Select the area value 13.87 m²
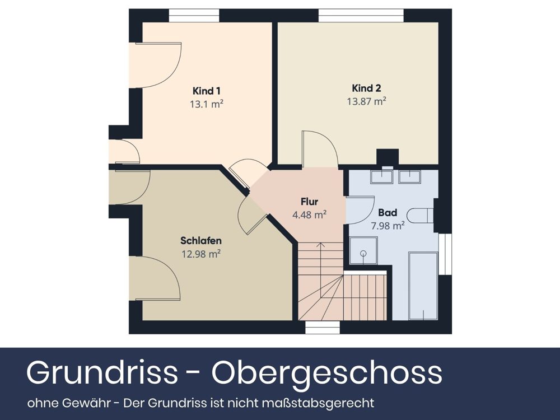(x=367, y=101)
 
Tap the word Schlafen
(x=201, y=241)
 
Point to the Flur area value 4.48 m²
(x=309, y=214)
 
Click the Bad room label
(x=388, y=213)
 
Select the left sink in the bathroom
(x=384, y=176)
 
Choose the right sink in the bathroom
(x=410, y=176)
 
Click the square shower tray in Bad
(x=363, y=251)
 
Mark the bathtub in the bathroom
(x=423, y=286)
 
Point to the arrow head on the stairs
(x=320, y=245)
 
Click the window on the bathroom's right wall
(x=445, y=255)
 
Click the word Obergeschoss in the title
(x=326, y=373)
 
